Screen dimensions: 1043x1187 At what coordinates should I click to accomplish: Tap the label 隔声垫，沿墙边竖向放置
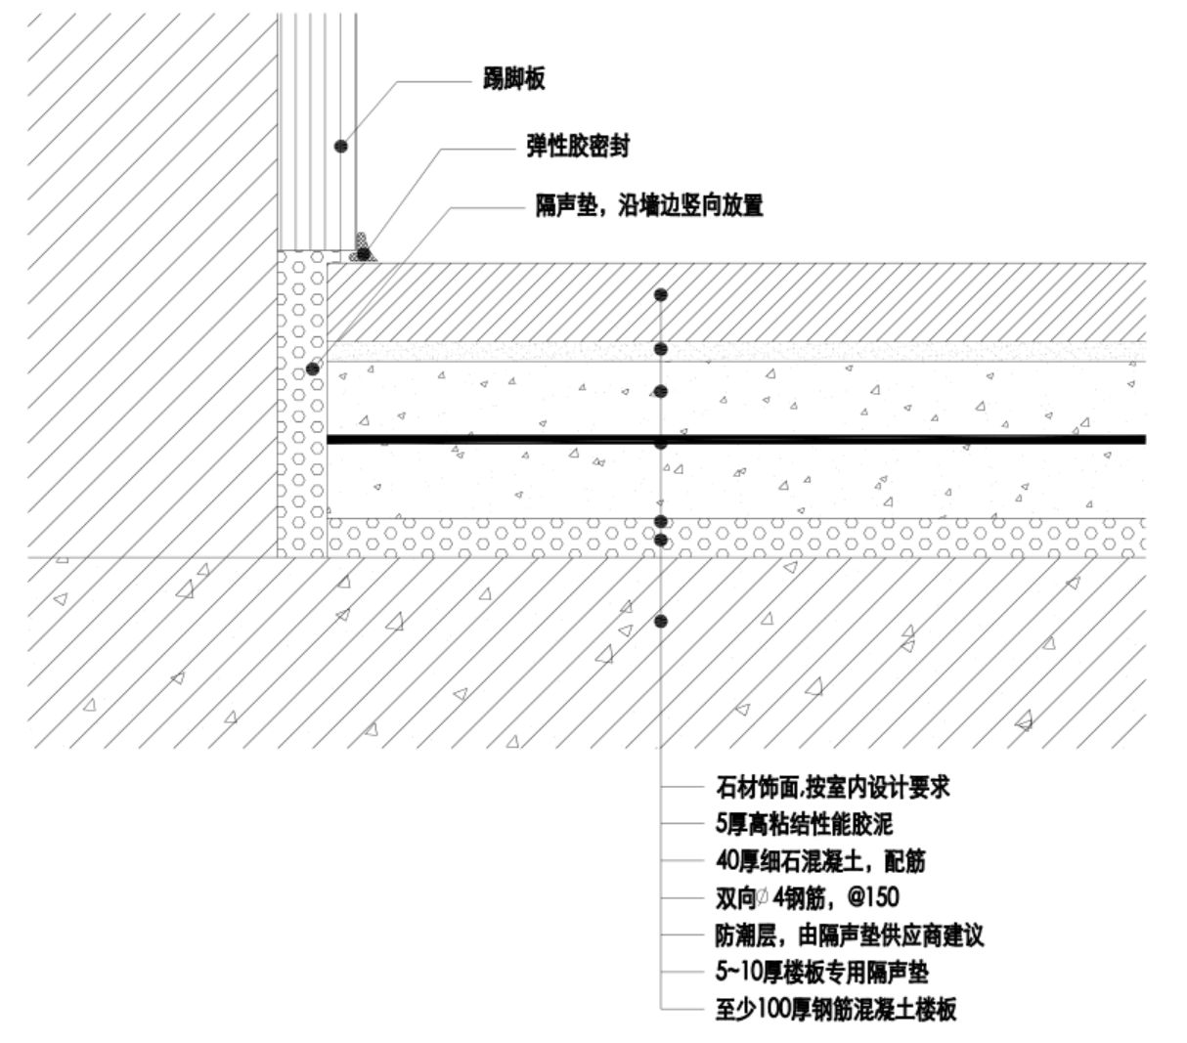647,207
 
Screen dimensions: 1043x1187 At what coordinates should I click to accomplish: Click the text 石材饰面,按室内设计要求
832,788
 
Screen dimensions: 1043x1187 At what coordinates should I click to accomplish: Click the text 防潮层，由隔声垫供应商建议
849,935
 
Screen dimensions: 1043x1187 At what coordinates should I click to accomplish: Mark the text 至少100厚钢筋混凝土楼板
835,1010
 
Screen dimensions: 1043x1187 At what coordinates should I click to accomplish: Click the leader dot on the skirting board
340,146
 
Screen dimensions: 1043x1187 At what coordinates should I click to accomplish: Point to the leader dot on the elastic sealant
364,254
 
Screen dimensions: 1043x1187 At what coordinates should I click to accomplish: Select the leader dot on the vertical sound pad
313,369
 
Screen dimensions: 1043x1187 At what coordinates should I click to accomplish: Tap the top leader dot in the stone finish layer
661,294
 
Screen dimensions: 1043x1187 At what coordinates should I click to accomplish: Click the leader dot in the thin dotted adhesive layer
661,349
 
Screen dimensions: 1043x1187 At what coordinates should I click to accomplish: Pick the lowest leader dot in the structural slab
661,621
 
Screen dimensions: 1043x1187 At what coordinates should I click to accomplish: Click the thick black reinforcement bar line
880,439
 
